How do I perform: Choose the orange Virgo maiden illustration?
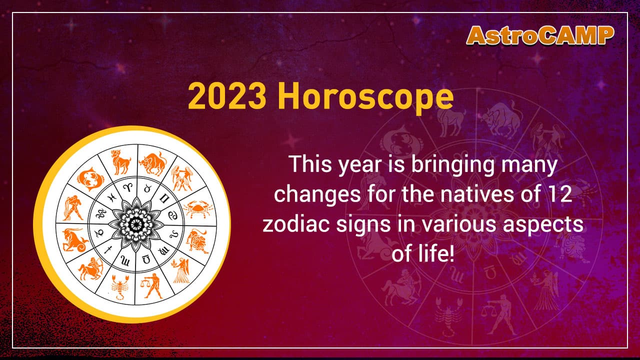[181, 269]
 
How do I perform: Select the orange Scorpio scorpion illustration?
[119, 287]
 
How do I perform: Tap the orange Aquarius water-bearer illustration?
[74, 207]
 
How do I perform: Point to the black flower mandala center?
[134, 222]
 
